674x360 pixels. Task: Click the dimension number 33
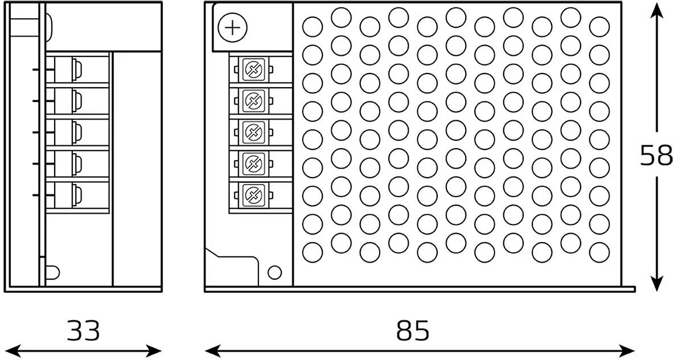coord(83,330)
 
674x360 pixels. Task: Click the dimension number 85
coord(413,330)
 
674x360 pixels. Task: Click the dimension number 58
coord(656,156)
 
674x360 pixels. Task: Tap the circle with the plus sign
coord(233,27)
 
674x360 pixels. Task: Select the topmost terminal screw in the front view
coord(251,70)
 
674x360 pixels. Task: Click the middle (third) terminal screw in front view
coord(251,133)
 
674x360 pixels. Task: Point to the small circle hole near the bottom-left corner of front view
coord(274,272)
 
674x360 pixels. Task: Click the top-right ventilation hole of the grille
coord(599,26)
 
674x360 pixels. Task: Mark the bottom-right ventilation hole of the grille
coord(599,251)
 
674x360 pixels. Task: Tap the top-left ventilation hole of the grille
coord(313,26)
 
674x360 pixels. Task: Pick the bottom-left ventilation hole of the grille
coord(313,251)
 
